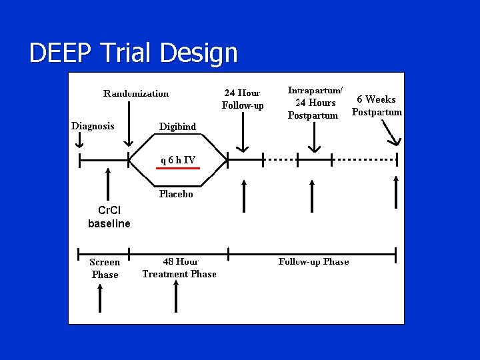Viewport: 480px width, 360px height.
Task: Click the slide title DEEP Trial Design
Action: [133, 53]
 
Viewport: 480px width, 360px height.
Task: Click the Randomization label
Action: [136, 93]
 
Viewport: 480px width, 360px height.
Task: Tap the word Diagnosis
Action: [93, 126]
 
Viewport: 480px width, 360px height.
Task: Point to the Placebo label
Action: [176, 195]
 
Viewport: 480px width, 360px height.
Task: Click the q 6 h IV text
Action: [177, 160]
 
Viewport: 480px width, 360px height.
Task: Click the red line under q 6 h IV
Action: [177, 169]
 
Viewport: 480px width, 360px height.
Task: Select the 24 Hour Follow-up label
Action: [243, 99]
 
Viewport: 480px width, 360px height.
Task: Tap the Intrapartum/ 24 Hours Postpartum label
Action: [315, 102]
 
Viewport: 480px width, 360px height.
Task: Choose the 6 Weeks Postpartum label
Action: [377, 105]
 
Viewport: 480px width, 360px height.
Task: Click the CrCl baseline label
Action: [109, 218]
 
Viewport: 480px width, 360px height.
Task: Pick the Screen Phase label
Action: [105, 268]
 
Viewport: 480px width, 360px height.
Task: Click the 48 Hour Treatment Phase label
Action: [179, 268]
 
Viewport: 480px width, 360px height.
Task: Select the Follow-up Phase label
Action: [313, 261]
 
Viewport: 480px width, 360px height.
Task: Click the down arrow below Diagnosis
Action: [79, 141]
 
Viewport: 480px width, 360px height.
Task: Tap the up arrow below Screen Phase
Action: [100, 297]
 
